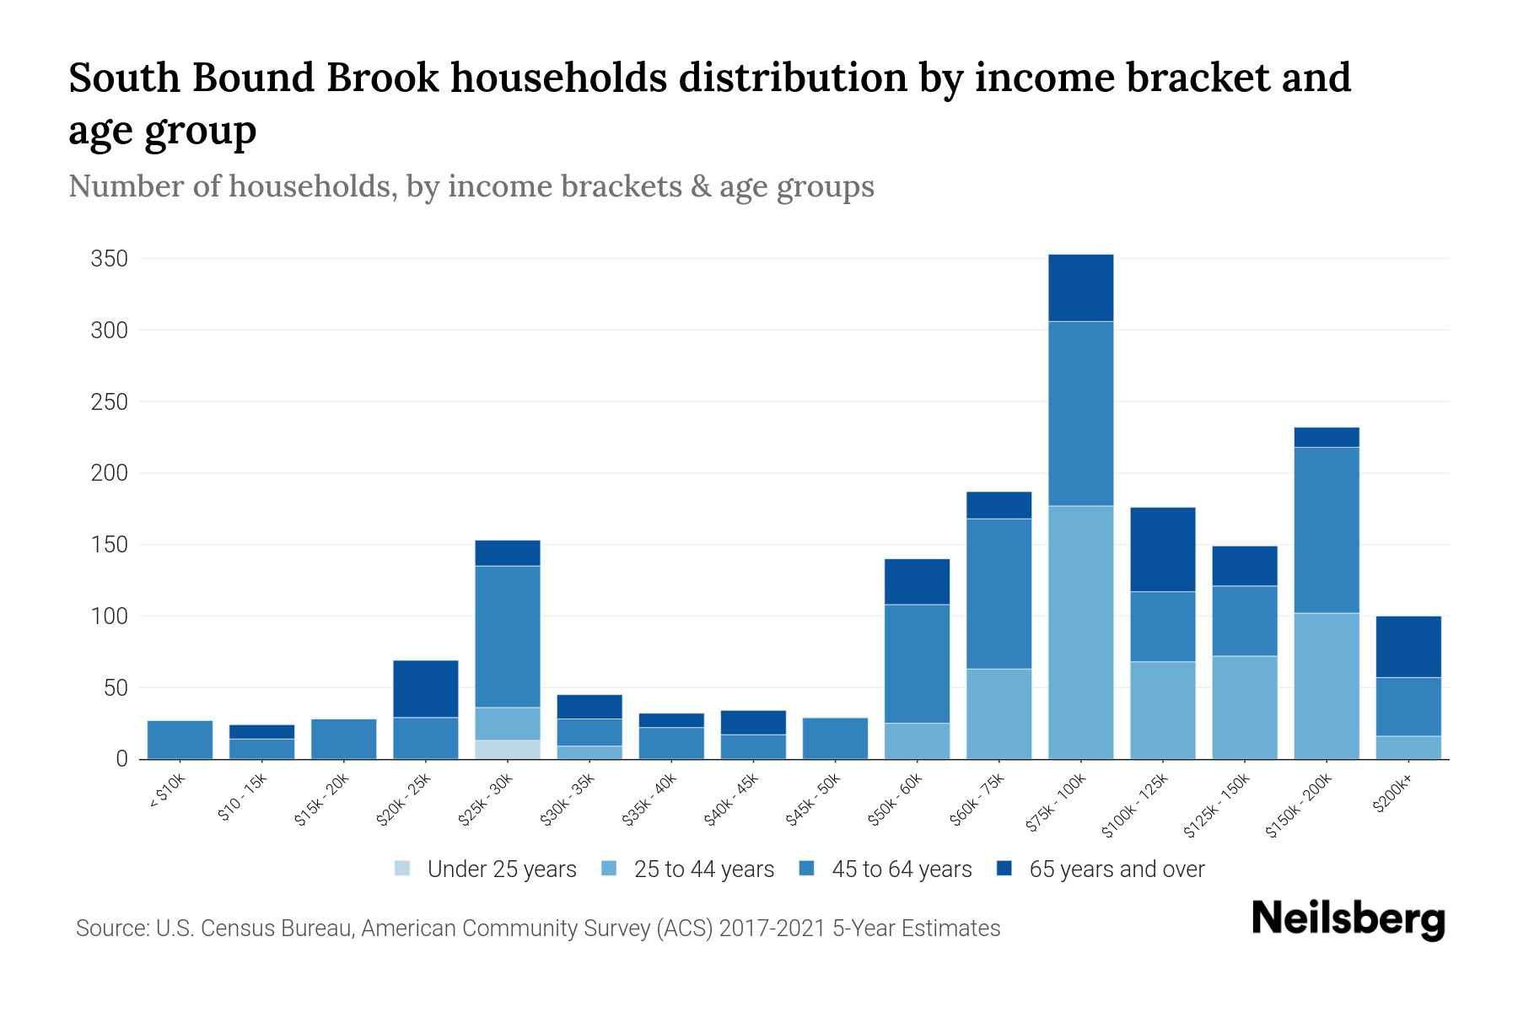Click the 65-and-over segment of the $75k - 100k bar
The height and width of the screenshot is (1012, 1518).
[x=1080, y=288]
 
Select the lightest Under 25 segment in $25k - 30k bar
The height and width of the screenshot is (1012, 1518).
[x=508, y=750]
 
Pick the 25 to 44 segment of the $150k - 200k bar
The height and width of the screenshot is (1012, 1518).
[x=1327, y=686]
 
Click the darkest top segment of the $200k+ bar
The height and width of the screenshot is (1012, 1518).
[x=1408, y=647]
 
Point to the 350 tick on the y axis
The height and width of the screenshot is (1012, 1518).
[x=110, y=259]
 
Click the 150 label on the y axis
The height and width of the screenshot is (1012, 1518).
[x=110, y=545]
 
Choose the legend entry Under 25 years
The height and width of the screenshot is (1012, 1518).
[x=501, y=869]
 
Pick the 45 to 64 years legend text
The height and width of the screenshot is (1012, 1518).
[x=902, y=869]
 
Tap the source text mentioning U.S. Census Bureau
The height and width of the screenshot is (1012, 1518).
[x=537, y=929]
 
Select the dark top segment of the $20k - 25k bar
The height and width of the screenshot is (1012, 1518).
[x=426, y=689]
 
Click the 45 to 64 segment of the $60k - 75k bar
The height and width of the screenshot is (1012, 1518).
[x=999, y=594]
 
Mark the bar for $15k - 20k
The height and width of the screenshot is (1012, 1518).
[x=344, y=739]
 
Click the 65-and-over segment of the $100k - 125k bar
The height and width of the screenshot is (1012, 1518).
[x=1162, y=550]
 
